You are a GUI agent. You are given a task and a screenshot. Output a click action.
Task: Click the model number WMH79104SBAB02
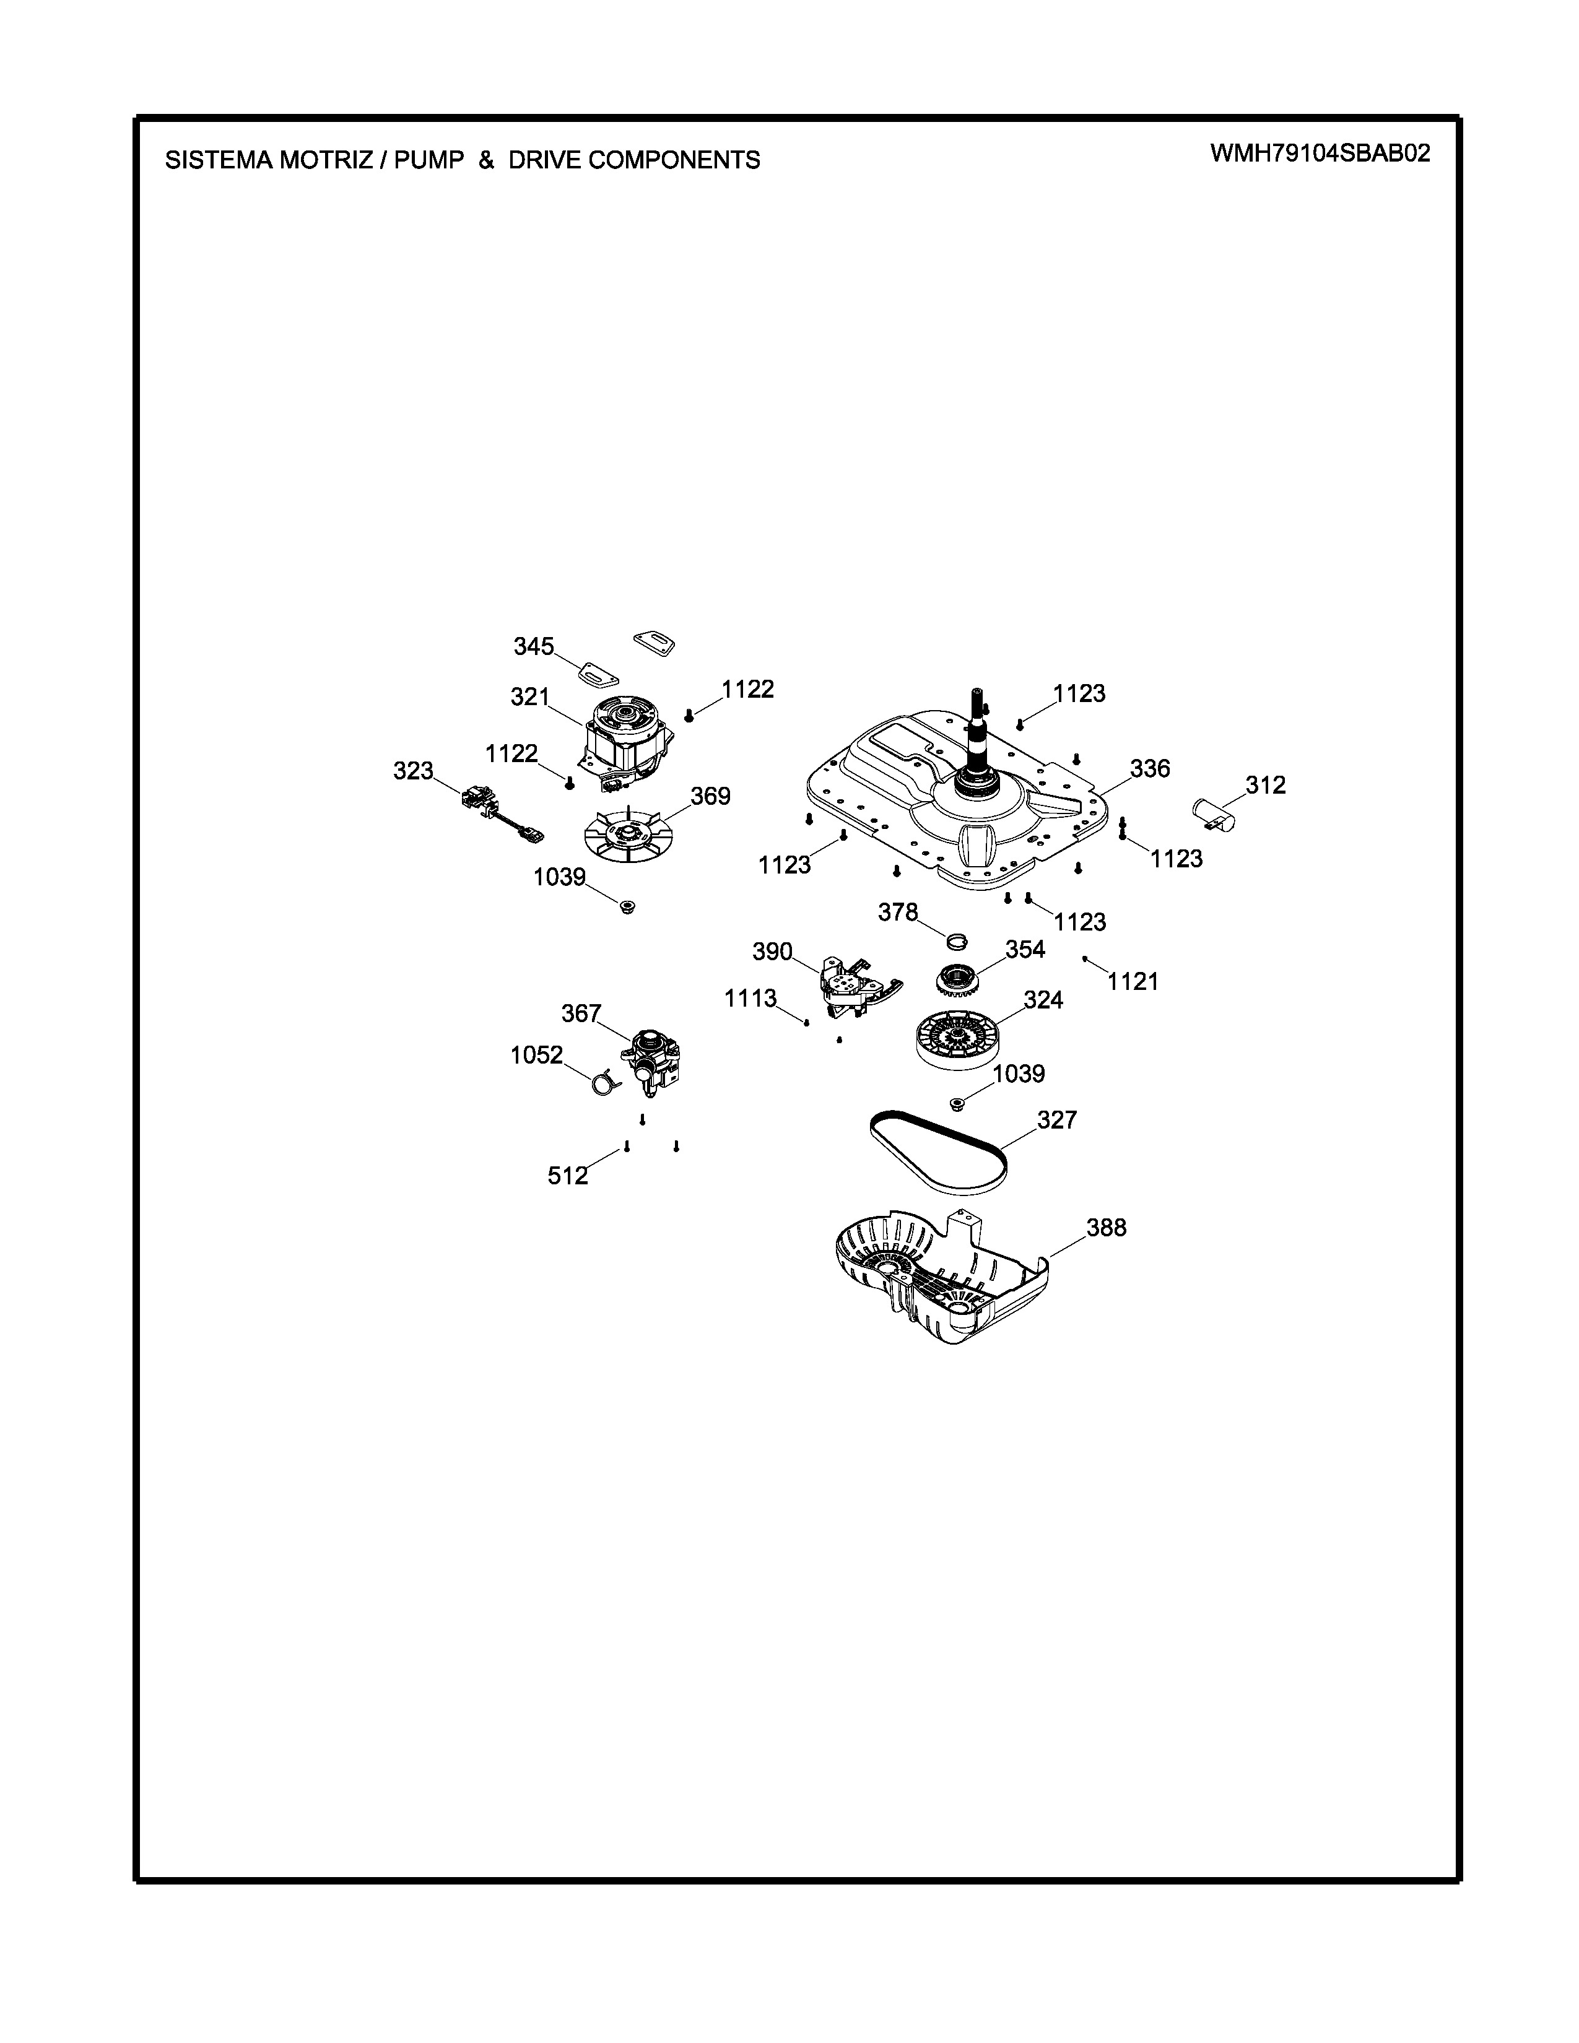pyautogui.click(x=1320, y=154)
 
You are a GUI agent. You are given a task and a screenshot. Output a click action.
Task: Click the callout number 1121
pyautogui.click(x=1133, y=982)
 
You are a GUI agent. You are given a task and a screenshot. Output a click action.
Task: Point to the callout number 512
pyautogui.click(x=568, y=1176)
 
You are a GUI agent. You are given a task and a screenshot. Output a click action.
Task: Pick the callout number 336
pyautogui.click(x=1150, y=769)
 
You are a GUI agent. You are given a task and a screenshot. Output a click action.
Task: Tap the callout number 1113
pyautogui.click(x=750, y=999)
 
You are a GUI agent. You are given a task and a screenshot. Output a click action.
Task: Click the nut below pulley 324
pyautogui.click(x=957, y=1104)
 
